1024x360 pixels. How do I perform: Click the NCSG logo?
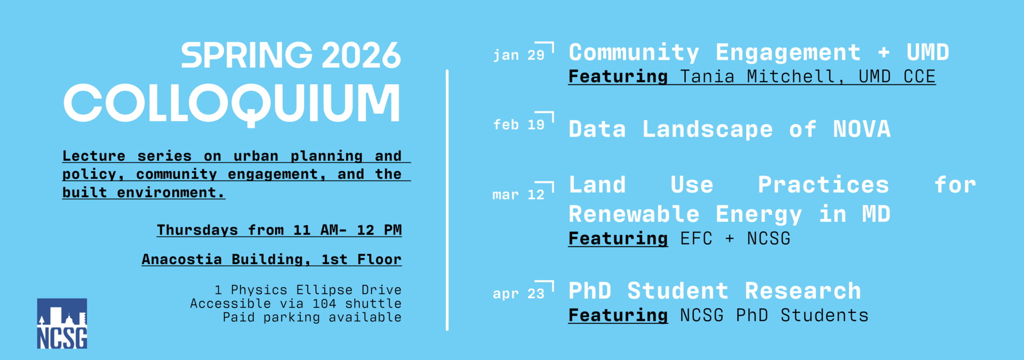pos(62,323)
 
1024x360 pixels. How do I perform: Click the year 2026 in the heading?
pos(361,55)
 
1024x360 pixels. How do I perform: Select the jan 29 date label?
pos(518,55)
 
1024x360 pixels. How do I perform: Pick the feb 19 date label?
pos(518,125)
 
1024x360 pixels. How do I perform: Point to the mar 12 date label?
pos(518,195)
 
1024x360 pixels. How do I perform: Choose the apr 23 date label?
pos(518,293)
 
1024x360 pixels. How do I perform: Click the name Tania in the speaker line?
pos(707,77)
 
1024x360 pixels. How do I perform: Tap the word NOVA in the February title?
pos(862,129)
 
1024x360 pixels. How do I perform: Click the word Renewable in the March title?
pos(634,214)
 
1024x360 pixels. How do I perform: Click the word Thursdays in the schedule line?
pos(197,230)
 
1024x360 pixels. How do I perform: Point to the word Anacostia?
pos(182,259)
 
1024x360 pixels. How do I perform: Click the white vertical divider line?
pos(447,200)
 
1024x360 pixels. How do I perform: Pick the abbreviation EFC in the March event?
pos(696,239)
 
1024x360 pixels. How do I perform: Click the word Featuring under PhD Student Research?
pos(618,316)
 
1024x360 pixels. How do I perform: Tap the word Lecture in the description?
pos(94,156)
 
